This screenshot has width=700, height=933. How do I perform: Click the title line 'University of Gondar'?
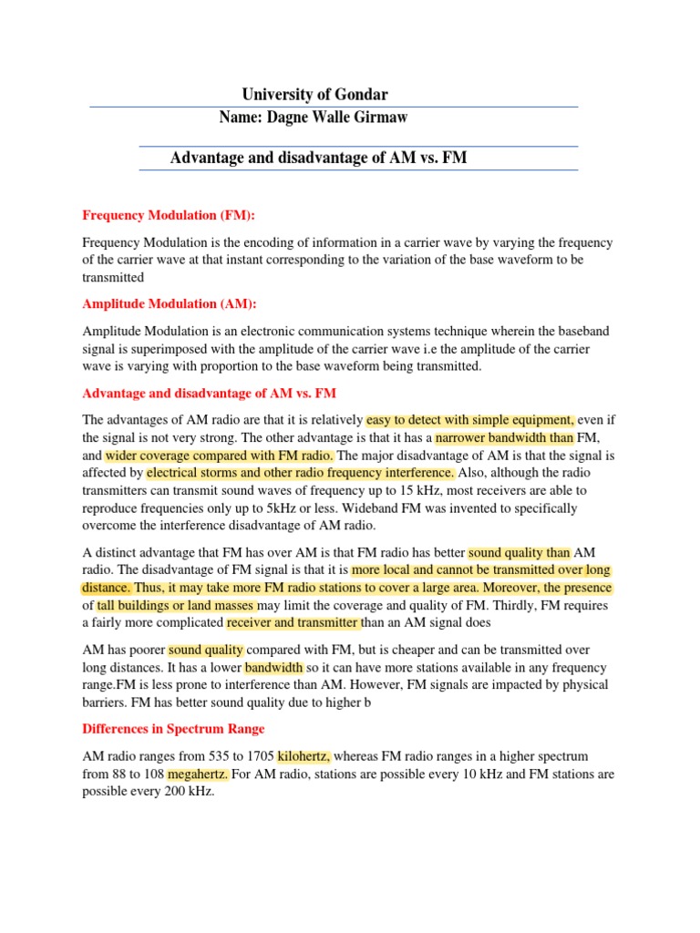314,95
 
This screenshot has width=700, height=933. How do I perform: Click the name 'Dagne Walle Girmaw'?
344,117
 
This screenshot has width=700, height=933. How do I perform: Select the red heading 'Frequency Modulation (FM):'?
170,215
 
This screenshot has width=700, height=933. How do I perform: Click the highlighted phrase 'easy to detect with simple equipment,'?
470,420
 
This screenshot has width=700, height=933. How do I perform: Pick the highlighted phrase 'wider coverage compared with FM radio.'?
220,455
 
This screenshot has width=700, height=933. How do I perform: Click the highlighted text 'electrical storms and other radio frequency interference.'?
300,473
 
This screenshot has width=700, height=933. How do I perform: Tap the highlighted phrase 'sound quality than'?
520,552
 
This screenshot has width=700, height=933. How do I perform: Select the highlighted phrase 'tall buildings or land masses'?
177,605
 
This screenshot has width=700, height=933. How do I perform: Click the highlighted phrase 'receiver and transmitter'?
293,623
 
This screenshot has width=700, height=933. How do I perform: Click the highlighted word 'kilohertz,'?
304,756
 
